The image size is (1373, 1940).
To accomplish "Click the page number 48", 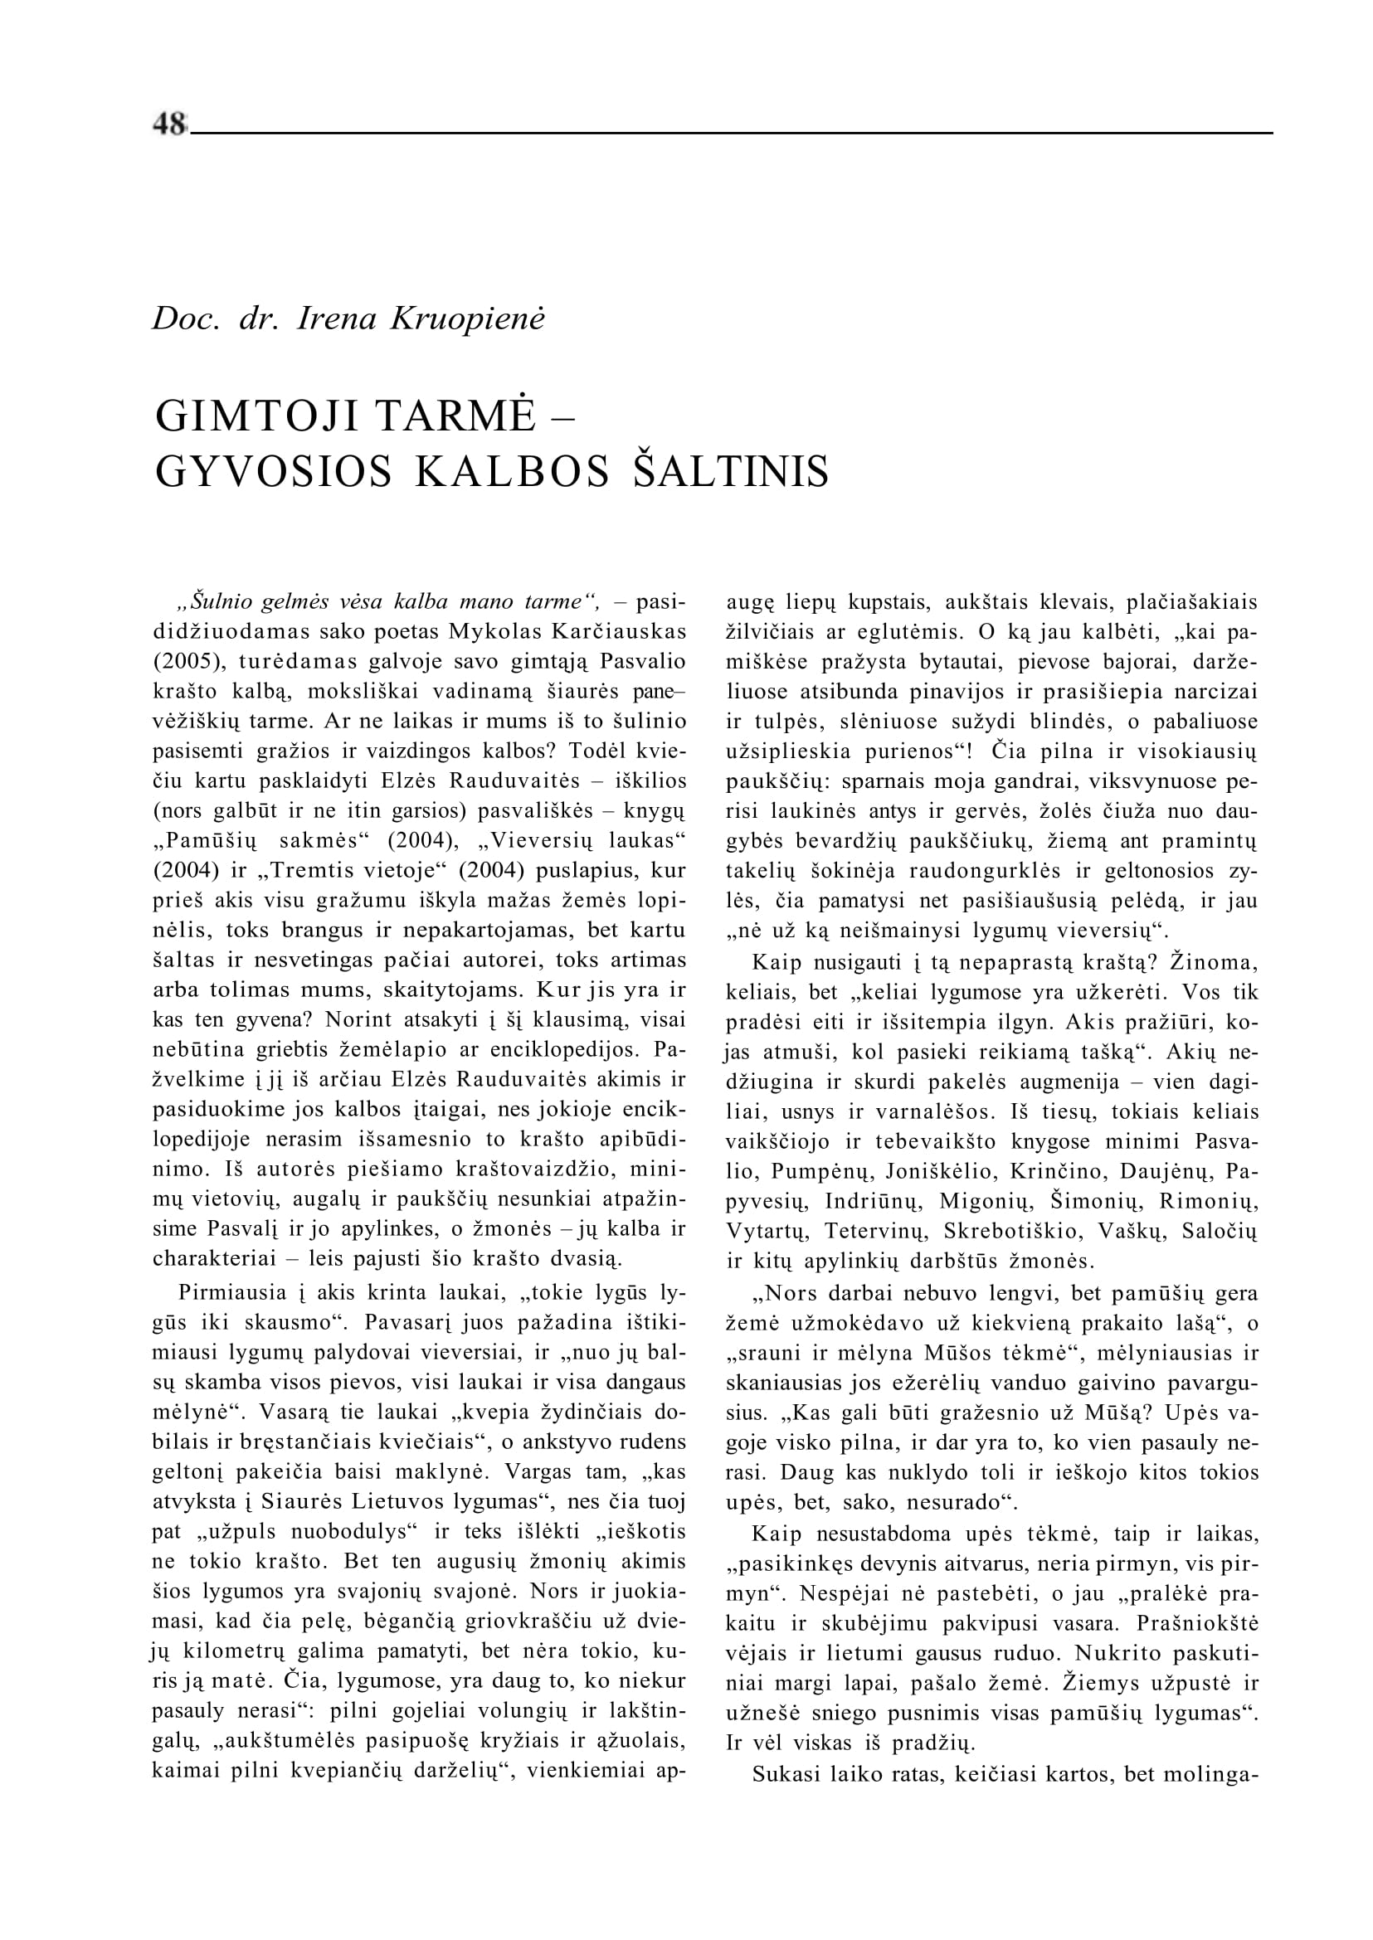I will pyautogui.click(x=169, y=124).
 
